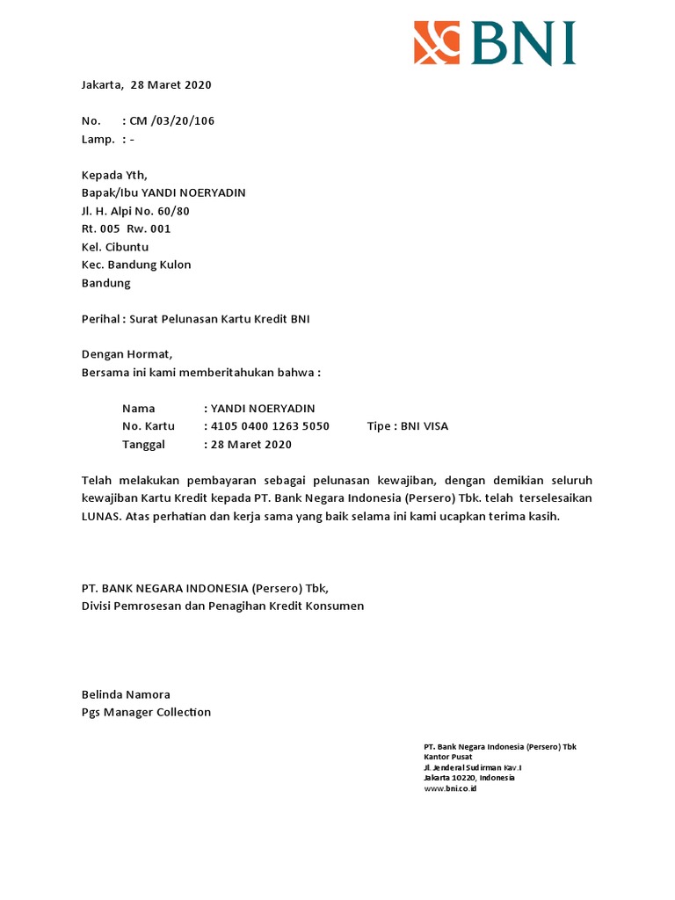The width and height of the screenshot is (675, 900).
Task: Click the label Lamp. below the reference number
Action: [98, 139]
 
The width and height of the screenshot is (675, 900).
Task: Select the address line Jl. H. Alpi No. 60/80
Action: [135, 211]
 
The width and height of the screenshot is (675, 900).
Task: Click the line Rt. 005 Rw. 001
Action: [126, 229]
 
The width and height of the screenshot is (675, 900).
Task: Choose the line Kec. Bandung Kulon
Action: [136, 265]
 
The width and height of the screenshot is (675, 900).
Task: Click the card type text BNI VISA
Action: [425, 426]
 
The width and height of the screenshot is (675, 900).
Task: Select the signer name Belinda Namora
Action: [126, 694]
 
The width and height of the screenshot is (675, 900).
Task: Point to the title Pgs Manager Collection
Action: [146, 712]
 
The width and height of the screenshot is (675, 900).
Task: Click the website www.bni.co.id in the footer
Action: [450, 788]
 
